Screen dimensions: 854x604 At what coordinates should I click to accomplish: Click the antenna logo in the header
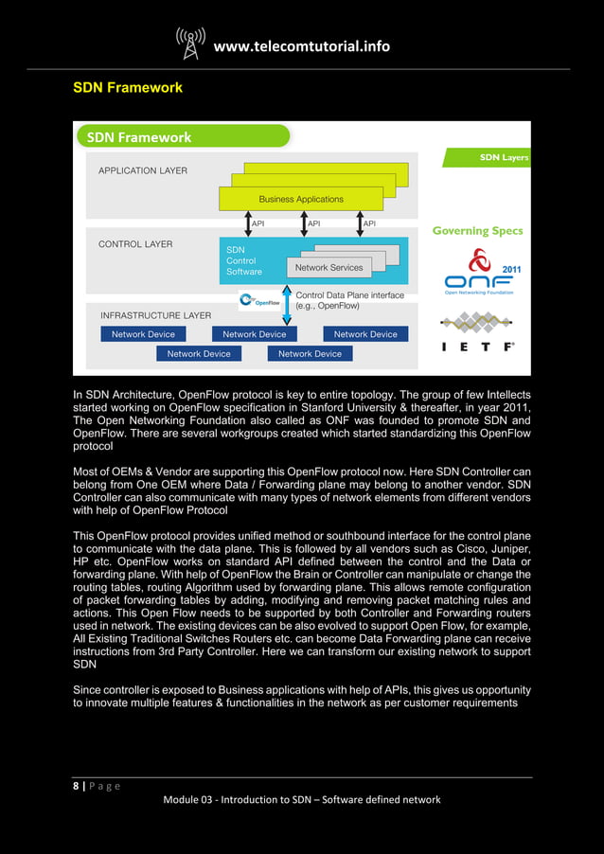coord(190,43)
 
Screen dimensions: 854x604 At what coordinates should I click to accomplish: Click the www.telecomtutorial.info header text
coord(301,45)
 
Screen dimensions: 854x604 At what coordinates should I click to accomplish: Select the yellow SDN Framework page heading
coord(128,88)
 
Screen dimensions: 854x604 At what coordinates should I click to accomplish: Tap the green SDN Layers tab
coord(503,157)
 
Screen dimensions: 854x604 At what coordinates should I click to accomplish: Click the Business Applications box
coord(300,199)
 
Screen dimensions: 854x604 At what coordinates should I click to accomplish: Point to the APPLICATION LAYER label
coord(143,171)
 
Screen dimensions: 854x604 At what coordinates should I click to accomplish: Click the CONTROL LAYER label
coord(135,244)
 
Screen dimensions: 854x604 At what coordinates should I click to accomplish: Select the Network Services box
coord(329,268)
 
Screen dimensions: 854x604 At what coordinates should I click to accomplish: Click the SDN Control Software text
coord(243,260)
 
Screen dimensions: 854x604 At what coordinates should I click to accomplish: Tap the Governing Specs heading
coord(477,230)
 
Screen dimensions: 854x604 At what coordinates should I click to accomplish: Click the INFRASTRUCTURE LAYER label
coord(155,315)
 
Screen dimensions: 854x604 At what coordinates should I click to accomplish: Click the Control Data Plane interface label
coord(348,301)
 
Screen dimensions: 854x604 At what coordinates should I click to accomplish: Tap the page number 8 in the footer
coord(77,786)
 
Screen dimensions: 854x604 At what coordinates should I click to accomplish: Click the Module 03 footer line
coord(302,800)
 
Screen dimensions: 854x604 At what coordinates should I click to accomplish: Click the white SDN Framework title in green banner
coord(139,137)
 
